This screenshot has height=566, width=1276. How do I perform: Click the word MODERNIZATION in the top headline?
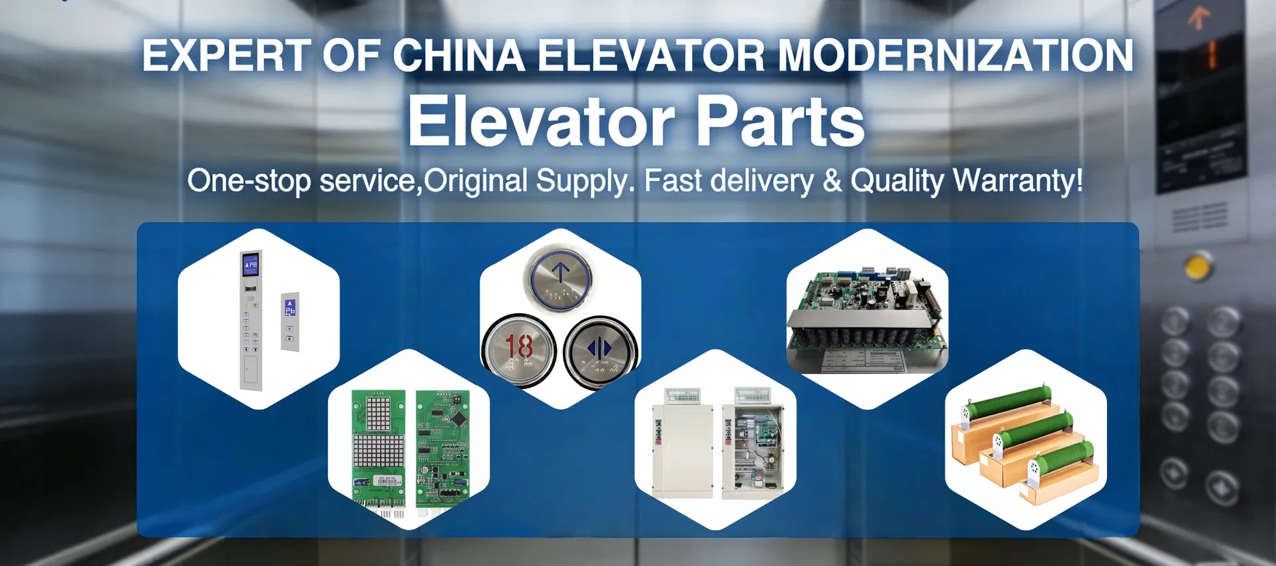pos(955,56)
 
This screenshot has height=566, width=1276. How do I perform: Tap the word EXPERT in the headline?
pos(226,56)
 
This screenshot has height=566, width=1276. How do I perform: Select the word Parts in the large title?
pos(780,122)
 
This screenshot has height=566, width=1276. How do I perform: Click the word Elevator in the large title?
pos(542,122)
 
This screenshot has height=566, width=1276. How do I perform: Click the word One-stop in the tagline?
pos(249,181)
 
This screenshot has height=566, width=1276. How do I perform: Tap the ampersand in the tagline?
pos(832,181)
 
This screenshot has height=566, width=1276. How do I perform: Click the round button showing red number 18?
pos(519,349)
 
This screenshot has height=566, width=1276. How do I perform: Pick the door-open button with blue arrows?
pos(599,349)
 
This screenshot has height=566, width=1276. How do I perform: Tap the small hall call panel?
pos(290,322)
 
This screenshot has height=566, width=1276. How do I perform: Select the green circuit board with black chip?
pos(442,449)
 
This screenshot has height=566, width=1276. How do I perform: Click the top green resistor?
pos(1005,402)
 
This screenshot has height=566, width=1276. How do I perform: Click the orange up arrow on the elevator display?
pos(1198,18)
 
